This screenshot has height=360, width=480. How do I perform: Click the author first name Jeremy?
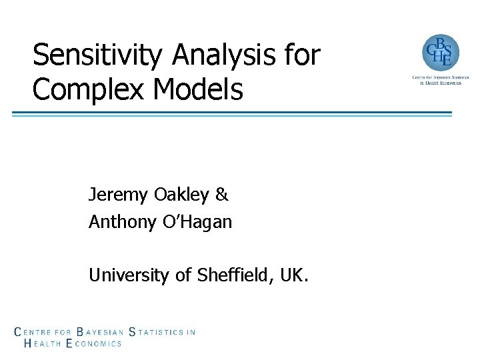tap(118, 195)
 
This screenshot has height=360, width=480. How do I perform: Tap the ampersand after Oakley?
tap(221, 195)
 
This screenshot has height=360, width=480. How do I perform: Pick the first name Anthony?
tap(123, 222)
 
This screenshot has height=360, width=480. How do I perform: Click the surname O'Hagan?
tap(198, 222)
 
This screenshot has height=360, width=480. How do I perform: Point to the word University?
tap(129, 275)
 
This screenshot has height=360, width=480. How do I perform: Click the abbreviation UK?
tap(294, 275)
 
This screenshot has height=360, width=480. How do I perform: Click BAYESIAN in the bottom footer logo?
tap(101, 331)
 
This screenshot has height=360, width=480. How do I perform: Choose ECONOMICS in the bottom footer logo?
tap(94, 343)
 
